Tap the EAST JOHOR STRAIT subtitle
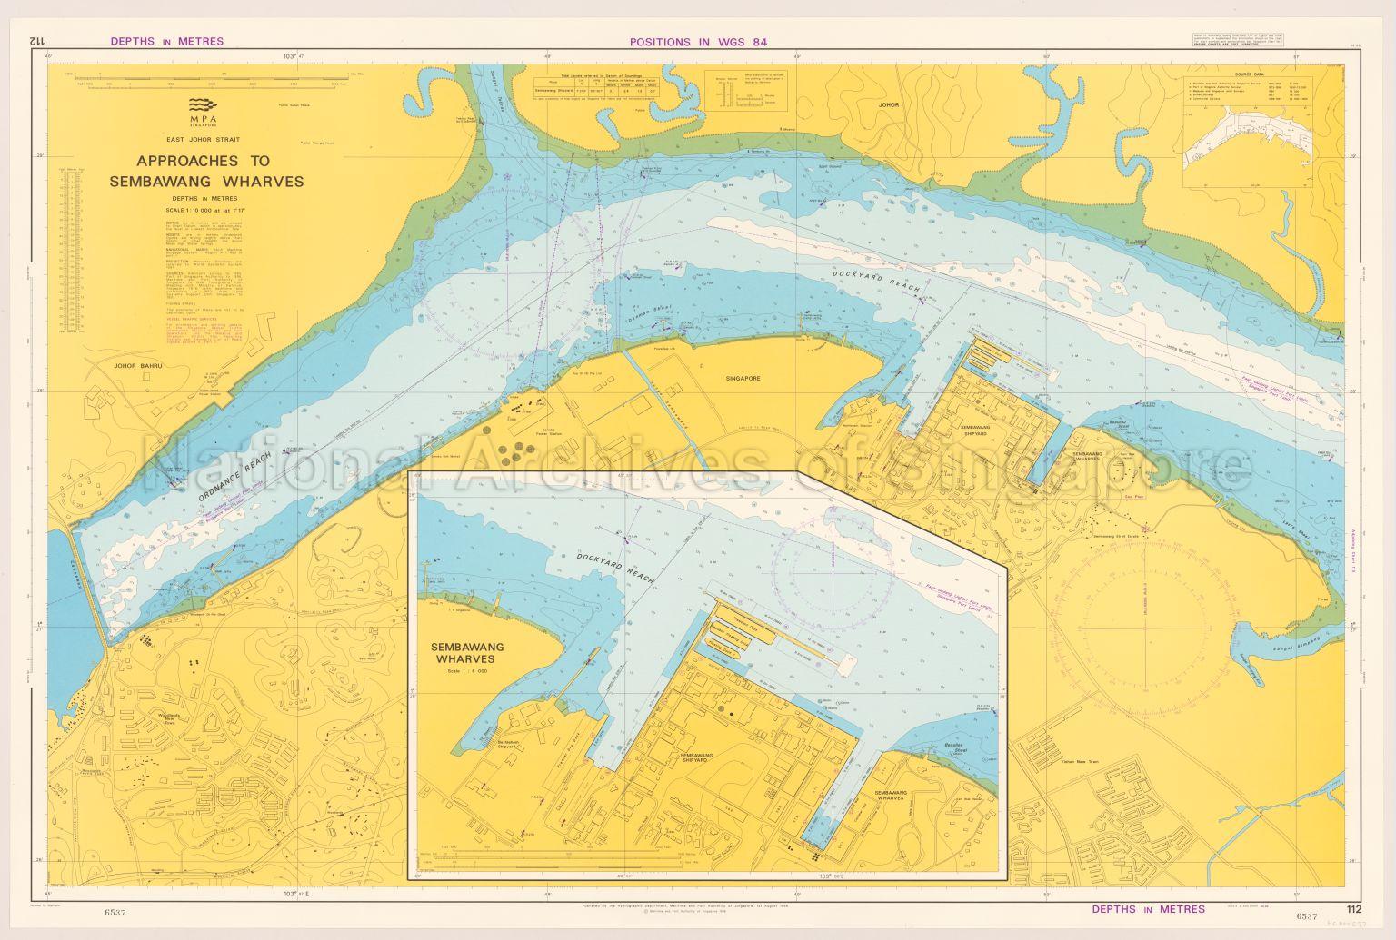point(205,140)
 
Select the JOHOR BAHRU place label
point(137,367)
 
